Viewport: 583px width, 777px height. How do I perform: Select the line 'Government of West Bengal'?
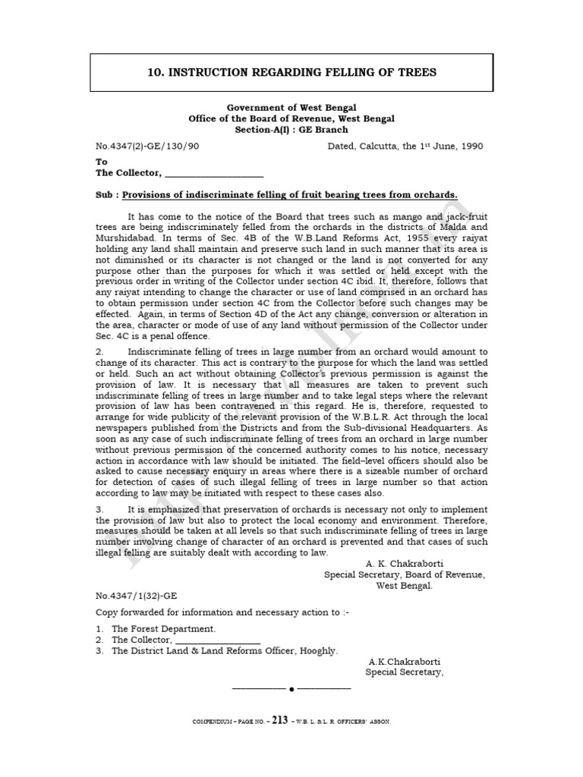[291, 108]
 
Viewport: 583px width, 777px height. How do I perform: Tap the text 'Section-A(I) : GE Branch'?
[291, 130]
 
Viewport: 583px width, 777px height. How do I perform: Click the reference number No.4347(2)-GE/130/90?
[147, 146]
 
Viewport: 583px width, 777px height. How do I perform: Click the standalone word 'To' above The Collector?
[102, 162]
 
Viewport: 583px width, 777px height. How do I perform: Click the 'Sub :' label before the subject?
[107, 195]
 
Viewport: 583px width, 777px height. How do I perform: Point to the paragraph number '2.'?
[99, 352]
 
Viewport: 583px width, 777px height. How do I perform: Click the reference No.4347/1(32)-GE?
[137, 596]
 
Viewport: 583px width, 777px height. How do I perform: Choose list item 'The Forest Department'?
[163, 629]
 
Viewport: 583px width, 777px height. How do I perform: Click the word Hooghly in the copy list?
[320, 650]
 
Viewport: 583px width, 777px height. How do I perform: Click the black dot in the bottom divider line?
[291, 689]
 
